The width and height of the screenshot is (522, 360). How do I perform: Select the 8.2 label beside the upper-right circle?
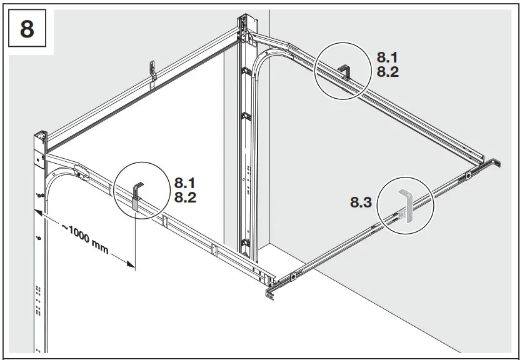(x=388, y=72)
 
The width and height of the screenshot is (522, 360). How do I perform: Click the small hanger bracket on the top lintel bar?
(x=152, y=70)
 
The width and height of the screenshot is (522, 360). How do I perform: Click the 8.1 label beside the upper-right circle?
(x=388, y=56)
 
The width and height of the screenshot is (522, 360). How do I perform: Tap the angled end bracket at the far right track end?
(x=497, y=162)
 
